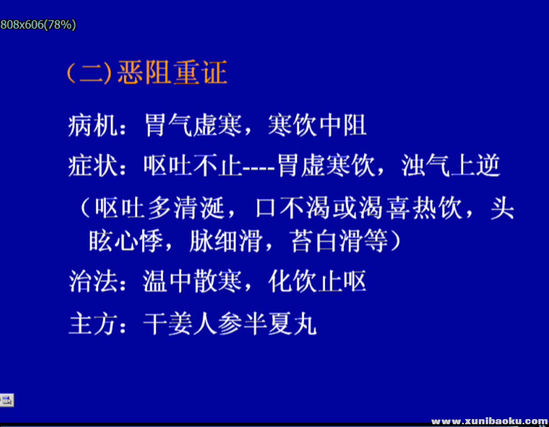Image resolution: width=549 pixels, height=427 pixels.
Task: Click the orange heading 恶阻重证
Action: (172, 73)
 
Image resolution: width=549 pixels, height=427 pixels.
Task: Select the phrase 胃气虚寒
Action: (193, 126)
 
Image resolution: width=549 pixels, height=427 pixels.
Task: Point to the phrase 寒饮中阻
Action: (317, 126)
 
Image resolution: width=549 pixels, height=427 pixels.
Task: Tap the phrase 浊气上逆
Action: (451, 166)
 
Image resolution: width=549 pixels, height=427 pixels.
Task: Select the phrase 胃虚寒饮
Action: (326, 166)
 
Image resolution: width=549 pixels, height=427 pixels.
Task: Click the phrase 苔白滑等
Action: (340, 242)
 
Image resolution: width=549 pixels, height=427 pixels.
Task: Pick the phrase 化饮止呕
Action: (317, 281)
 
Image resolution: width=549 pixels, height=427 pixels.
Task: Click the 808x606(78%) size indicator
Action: (38, 25)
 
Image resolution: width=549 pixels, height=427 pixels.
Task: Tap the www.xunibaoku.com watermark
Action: (489, 421)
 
